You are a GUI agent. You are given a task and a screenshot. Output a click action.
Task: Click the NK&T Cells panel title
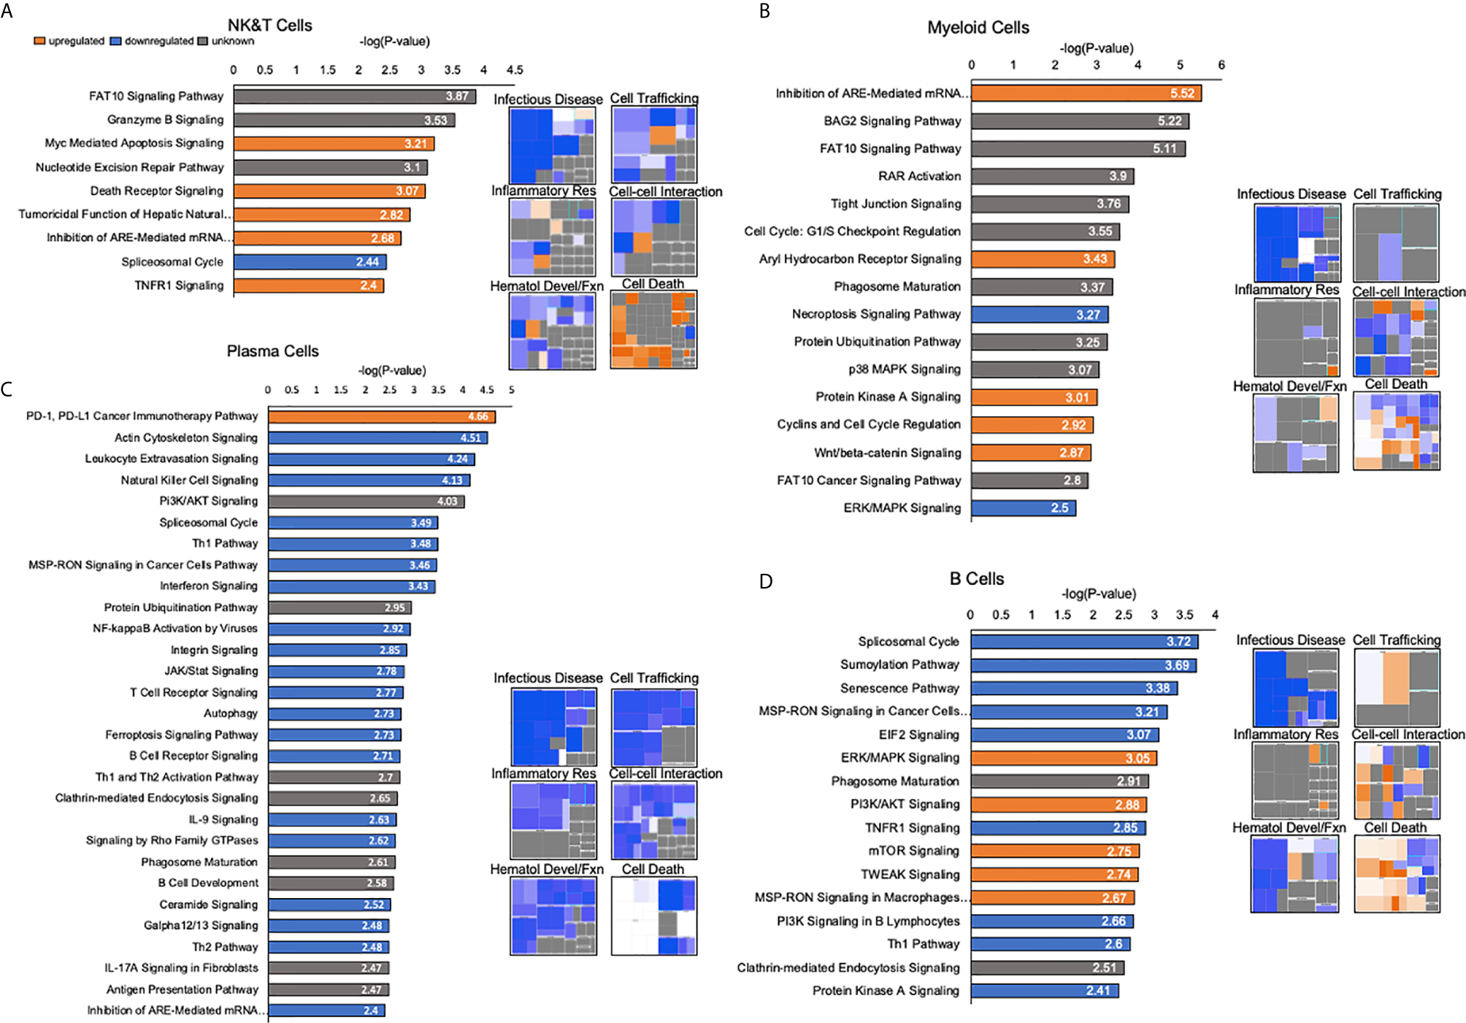(269, 26)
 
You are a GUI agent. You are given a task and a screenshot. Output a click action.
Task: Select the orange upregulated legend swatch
(39, 41)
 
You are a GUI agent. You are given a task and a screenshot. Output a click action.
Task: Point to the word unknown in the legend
(233, 41)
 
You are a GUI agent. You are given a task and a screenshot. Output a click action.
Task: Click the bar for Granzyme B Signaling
(343, 120)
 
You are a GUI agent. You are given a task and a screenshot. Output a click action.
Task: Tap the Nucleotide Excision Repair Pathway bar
(330, 167)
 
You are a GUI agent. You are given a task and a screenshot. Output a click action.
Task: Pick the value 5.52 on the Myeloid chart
(1182, 93)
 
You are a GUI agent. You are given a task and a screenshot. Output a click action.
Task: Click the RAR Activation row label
(919, 176)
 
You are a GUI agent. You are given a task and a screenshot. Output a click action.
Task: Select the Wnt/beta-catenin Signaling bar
(1030, 453)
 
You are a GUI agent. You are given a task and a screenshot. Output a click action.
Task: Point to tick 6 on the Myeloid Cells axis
(1221, 65)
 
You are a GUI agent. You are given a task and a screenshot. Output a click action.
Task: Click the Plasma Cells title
(272, 351)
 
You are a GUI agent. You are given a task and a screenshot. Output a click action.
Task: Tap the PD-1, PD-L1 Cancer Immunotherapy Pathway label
(142, 416)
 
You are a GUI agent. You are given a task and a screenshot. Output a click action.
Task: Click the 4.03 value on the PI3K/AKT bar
(447, 502)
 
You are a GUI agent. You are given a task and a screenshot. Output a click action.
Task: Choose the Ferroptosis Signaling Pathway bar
(334, 735)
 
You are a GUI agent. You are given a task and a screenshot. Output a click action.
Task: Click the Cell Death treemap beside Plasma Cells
(653, 916)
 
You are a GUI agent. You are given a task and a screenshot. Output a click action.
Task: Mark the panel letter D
(765, 581)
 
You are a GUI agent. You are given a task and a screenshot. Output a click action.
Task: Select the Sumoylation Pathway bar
(1083, 665)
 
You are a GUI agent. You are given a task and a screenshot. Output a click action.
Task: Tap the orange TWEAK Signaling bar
(1054, 874)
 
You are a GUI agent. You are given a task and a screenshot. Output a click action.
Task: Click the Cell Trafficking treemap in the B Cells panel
(1396, 688)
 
